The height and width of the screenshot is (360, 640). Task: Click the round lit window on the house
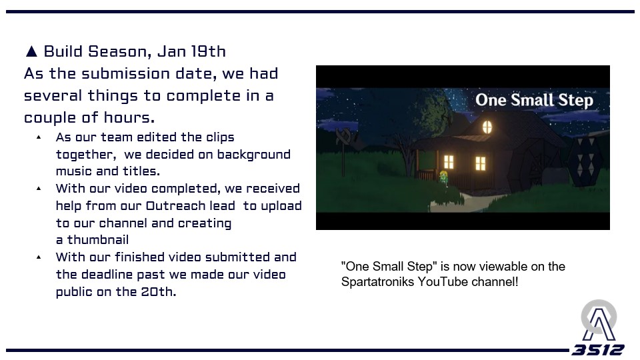(x=487, y=127)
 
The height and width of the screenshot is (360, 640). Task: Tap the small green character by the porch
(x=444, y=178)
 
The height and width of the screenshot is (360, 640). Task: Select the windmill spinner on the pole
(x=344, y=137)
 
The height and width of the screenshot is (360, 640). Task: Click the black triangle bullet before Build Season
(x=31, y=51)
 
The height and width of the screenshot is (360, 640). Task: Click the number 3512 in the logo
(x=597, y=350)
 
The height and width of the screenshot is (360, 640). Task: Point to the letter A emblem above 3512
(x=599, y=321)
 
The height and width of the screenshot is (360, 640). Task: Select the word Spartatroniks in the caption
(x=377, y=281)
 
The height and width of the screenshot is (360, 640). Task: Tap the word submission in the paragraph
(x=126, y=74)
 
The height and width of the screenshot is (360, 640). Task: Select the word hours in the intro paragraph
(x=129, y=117)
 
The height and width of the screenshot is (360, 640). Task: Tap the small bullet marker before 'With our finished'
(x=39, y=257)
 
